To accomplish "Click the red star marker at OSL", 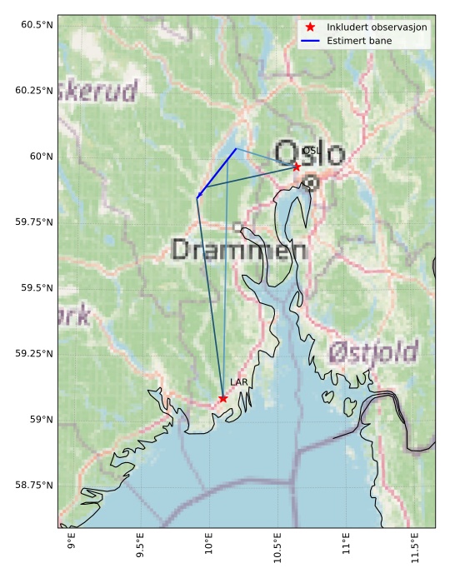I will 297,167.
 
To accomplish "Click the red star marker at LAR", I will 222,398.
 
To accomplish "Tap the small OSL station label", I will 310,152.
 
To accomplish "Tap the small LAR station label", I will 239,383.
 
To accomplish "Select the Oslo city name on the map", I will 309,154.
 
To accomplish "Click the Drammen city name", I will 238,249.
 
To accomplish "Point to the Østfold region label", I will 372,352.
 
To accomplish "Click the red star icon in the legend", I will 310,27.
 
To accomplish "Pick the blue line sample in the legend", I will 310,41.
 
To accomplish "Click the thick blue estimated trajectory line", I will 217,173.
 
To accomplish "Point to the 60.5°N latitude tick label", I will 34,25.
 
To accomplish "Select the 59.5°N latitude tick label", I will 34,288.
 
